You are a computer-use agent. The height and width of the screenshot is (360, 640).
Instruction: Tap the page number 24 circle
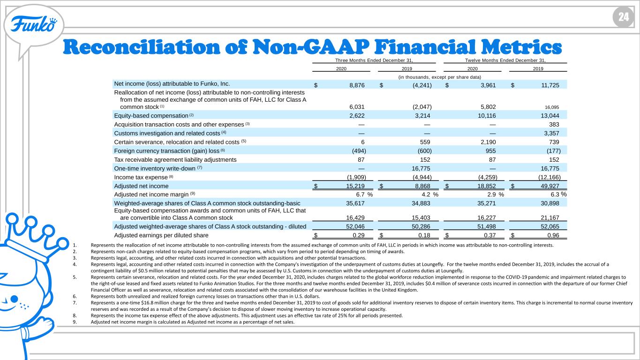click(x=623, y=17)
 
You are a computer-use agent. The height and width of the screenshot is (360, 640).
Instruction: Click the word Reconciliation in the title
click(x=142, y=47)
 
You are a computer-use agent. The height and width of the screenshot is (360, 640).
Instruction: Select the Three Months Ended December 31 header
click(x=374, y=60)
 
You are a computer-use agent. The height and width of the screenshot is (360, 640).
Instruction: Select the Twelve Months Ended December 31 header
click(x=505, y=60)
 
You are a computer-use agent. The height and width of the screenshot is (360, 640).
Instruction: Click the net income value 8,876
click(x=357, y=85)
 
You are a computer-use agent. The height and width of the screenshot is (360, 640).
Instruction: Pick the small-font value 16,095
click(x=552, y=107)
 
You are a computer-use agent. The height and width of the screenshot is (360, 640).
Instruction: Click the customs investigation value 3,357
click(x=551, y=134)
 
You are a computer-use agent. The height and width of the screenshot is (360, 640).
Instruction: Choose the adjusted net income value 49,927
click(x=550, y=186)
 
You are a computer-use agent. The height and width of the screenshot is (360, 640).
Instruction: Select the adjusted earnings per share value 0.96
click(x=553, y=235)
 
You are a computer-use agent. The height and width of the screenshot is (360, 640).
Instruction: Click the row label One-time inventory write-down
click(x=155, y=169)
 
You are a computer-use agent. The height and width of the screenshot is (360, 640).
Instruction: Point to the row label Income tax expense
click(x=141, y=178)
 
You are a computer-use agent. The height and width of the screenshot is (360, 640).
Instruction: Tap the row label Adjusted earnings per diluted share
click(x=161, y=235)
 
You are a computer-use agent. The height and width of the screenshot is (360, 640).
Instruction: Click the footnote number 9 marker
click(x=75, y=322)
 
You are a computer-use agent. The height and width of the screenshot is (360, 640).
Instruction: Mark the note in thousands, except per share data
click(x=440, y=77)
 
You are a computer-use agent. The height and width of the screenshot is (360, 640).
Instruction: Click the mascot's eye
click(x=14, y=299)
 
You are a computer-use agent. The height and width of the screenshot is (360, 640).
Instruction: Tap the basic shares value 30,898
click(x=550, y=203)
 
